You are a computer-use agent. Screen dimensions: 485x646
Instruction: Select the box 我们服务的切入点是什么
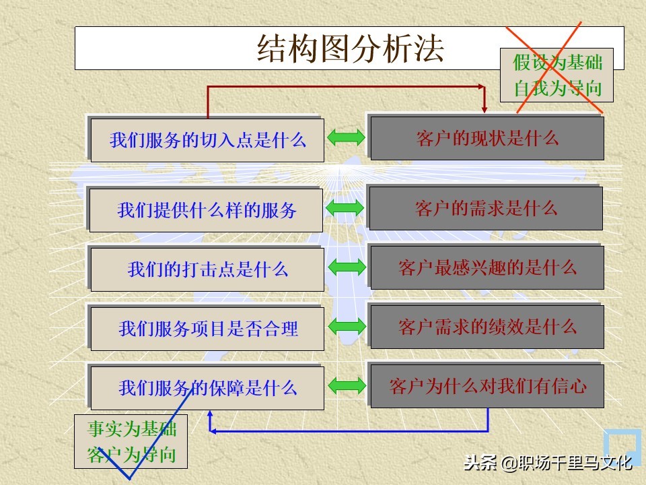click(x=207, y=140)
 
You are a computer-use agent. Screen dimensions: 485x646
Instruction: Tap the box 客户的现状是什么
click(x=487, y=138)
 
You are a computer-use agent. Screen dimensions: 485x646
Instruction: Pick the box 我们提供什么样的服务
click(x=207, y=210)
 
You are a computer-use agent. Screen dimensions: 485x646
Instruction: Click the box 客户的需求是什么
click(x=486, y=208)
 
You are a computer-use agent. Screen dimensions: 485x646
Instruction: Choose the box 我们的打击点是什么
click(x=207, y=269)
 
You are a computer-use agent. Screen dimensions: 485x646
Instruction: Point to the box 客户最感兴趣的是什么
click(x=487, y=267)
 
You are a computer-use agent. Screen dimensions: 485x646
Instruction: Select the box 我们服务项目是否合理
click(x=207, y=329)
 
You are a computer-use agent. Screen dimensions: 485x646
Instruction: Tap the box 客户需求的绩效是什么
click(x=487, y=327)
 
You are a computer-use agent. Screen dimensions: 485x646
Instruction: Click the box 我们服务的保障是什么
click(x=207, y=388)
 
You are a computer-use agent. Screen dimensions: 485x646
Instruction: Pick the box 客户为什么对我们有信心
click(x=487, y=386)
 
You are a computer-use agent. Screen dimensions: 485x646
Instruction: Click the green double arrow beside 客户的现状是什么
click(x=347, y=138)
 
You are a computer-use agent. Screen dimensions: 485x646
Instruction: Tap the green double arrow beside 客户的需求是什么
click(x=347, y=209)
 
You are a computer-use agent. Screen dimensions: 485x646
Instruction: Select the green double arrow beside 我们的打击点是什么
click(x=347, y=268)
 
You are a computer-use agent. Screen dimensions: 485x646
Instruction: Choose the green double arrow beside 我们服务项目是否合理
click(x=347, y=327)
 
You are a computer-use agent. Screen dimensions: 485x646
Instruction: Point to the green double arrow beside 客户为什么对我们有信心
click(x=347, y=386)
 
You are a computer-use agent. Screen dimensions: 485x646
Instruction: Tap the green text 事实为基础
click(x=131, y=430)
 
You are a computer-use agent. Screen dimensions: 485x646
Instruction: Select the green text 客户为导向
click(x=131, y=455)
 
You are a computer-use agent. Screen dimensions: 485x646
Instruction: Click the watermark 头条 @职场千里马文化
click(x=546, y=463)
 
